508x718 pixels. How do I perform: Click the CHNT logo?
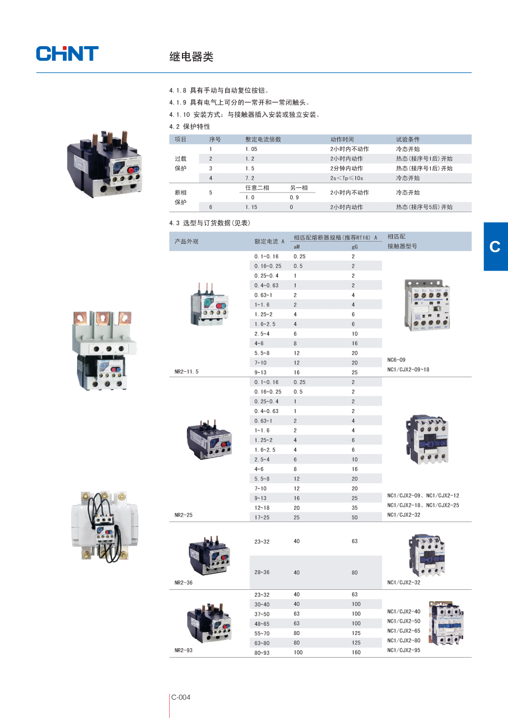click(67, 54)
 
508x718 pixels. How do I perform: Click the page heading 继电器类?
click(191, 57)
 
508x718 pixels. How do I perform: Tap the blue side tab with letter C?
click(495, 247)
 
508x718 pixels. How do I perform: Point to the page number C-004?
click(180, 697)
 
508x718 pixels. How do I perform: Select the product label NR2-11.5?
click(186, 372)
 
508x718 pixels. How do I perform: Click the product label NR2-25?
click(183, 515)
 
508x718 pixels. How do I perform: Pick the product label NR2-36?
click(183, 583)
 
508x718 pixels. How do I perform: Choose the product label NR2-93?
click(183, 651)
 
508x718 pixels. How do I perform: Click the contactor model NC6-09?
click(396, 360)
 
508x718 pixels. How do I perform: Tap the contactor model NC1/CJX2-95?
click(404, 651)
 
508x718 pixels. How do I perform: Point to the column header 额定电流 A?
click(269, 242)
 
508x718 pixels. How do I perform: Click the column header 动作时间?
click(342, 139)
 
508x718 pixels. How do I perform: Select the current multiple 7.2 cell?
click(250, 178)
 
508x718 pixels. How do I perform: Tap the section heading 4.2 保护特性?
click(190, 127)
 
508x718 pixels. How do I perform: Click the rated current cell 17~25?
click(262, 518)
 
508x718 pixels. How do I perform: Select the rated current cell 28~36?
click(262, 573)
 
